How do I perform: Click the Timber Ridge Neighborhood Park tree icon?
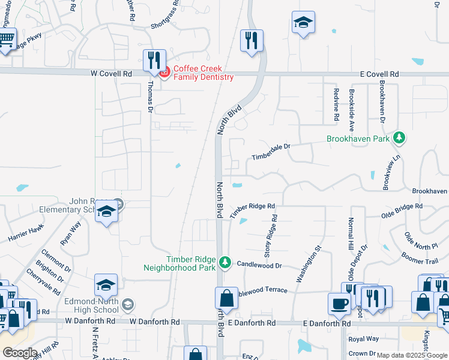[x=224, y=262]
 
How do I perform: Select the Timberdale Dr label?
[x=271, y=149]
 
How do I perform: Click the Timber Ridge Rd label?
[x=253, y=208]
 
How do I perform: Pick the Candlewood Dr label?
[x=259, y=264]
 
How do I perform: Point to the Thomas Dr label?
[x=150, y=96]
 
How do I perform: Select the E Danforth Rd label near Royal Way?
[x=327, y=323]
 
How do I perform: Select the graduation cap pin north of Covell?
[x=303, y=23]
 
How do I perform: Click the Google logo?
[x=20, y=353]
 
